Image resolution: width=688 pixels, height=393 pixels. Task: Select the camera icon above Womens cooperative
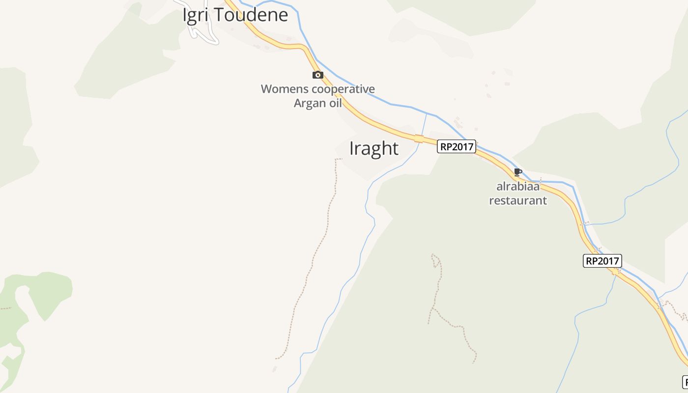point(318,75)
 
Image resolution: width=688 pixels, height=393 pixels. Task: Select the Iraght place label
point(373,148)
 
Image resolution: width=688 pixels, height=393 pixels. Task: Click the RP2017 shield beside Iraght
point(457,146)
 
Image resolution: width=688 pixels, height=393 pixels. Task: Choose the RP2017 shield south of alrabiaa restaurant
point(602,261)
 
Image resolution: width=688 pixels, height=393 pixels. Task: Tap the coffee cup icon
point(517,172)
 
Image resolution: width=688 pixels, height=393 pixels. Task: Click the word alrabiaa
point(518,187)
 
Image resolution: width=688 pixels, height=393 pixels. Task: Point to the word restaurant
point(518,200)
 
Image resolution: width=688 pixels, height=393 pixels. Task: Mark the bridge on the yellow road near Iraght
point(419,139)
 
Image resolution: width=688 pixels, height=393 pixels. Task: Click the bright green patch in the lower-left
point(49,290)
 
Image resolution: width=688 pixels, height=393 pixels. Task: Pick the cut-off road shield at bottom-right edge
point(685,381)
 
